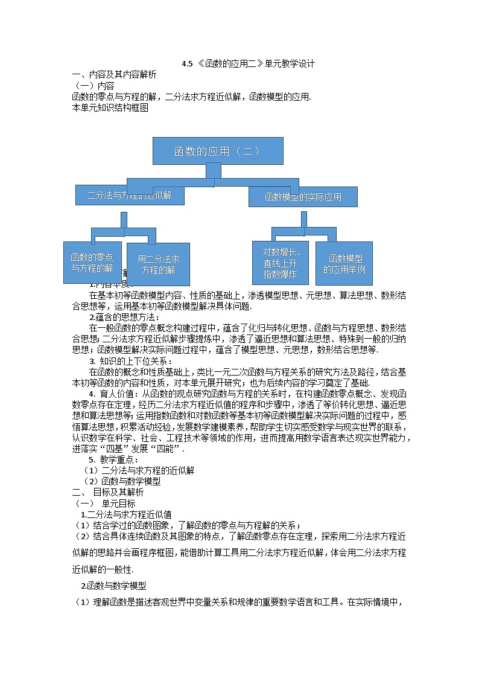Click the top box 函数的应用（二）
pos(217,151)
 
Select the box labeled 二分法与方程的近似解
pos(130,195)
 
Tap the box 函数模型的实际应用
pos(303,197)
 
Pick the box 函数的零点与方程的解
pos(92,263)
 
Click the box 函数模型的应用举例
pos(344,264)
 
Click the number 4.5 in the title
pos(186,63)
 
